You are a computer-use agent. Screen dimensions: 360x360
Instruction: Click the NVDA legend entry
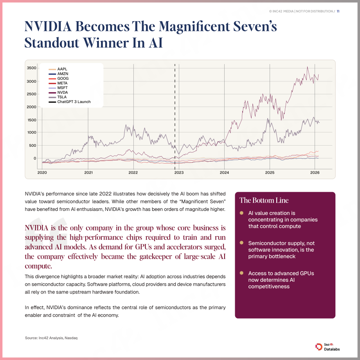coord(58,92)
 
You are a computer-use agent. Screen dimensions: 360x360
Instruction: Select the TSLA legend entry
coord(58,97)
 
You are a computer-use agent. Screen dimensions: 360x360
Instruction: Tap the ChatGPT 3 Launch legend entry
coord(70,102)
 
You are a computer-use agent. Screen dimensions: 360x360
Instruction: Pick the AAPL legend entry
coord(58,69)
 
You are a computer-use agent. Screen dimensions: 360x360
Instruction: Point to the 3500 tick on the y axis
coord(31,68)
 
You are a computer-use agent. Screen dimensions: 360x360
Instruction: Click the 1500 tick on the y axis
coord(31,120)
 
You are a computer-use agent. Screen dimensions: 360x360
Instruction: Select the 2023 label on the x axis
coord(179,173)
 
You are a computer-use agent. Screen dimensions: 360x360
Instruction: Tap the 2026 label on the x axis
coord(315,173)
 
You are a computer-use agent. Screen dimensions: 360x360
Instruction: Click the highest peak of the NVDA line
coord(308,67)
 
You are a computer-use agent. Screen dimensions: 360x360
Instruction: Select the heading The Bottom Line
coord(264,200)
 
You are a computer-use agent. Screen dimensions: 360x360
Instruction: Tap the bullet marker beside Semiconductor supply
coord(241,243)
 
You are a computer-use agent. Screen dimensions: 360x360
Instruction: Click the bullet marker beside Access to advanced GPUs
coord(241,273)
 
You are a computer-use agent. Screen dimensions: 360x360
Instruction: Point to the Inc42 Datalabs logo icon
coord(319,347)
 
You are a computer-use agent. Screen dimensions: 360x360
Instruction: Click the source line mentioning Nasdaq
coord(51,338)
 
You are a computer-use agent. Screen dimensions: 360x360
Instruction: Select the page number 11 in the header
coord(338,11)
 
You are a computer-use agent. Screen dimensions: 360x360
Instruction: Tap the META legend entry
coord(58,83)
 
